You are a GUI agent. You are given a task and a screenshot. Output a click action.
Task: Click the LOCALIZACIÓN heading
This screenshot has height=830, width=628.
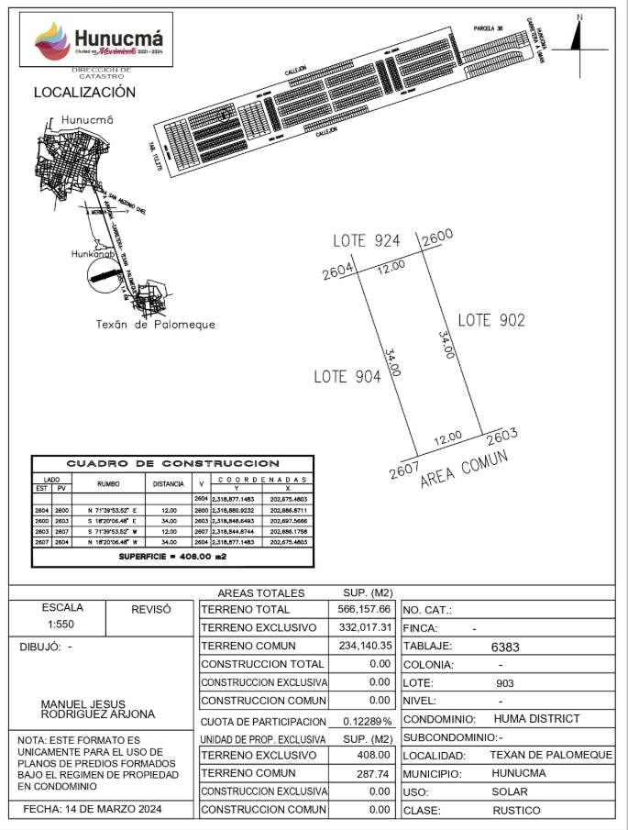(84, 92)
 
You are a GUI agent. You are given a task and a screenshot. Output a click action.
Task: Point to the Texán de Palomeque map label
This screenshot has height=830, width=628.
(156, 324)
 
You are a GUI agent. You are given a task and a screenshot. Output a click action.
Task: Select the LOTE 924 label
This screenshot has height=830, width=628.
(367, 241)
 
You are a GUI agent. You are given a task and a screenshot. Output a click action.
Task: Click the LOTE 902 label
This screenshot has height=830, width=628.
(491, 320)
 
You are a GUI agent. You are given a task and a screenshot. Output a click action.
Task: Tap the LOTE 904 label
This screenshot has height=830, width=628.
(347, 376)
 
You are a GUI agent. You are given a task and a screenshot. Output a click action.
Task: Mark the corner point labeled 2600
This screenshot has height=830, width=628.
(437, 237)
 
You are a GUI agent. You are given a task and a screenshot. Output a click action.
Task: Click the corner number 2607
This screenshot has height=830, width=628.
(403, 471)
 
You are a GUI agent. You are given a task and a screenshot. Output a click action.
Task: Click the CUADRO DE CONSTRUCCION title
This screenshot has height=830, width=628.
(172, 463)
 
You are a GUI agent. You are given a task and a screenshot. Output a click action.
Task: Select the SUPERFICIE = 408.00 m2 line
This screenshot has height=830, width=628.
(172, 557)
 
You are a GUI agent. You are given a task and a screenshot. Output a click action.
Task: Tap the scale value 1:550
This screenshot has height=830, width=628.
(61, 624)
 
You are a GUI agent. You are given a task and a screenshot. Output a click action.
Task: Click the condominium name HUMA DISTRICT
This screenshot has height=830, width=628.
(537, 719)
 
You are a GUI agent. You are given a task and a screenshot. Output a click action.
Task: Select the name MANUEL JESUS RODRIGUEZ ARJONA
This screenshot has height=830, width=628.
(98, 709)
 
